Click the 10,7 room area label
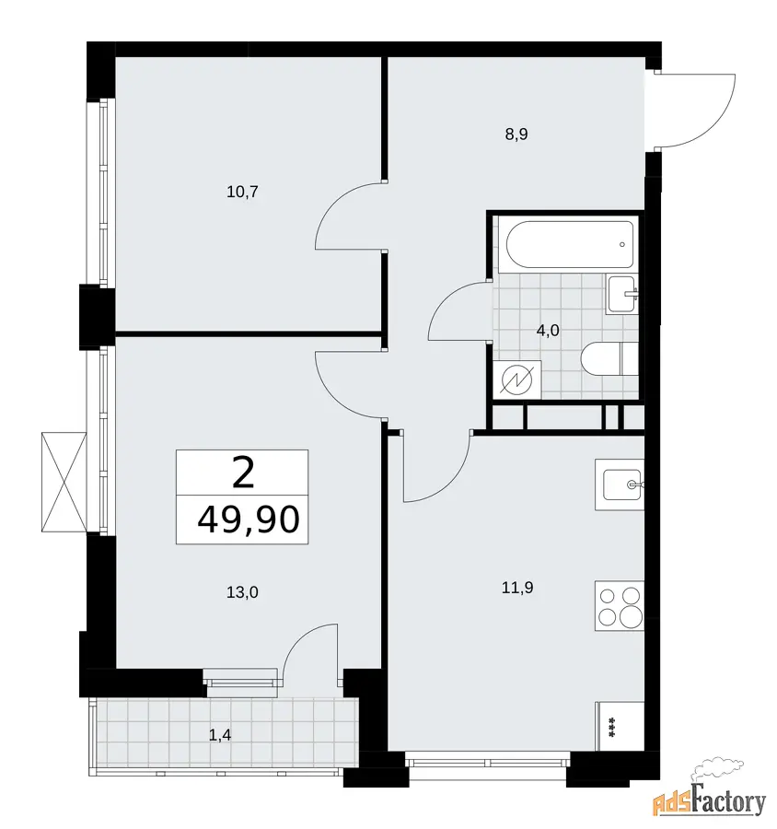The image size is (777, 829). [243, 192]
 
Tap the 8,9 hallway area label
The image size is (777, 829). [516, 134]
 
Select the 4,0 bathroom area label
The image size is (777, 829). [548, 331]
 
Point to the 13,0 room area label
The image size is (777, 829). [243, 592]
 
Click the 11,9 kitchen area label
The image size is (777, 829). [517, 587]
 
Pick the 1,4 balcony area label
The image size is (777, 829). [220, 735]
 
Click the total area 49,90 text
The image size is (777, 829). [249, 520]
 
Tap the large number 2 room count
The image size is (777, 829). [243, 473]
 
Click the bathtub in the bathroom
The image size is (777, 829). [569, 245]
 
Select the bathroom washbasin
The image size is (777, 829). [622, 295]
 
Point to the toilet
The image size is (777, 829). [609, 359]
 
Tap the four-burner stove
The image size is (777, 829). [620, 606]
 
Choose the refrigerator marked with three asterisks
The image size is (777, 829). [620, 727]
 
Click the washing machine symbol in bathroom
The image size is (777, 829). [516, 379]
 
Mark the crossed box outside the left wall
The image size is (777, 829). [64, 482]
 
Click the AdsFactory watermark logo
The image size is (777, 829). [710, 800]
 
